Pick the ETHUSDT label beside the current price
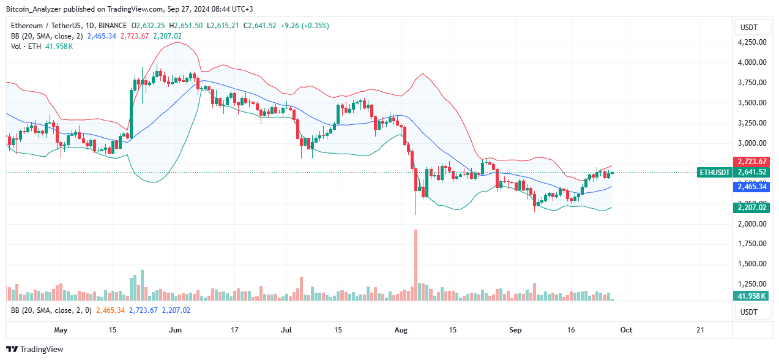[714, 173]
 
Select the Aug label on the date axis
[401, 329]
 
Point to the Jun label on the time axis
[175, 329]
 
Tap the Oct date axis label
[627, 329]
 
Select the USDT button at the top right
[750, 27]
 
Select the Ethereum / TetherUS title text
[41, 26]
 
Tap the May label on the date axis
[60, 329]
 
